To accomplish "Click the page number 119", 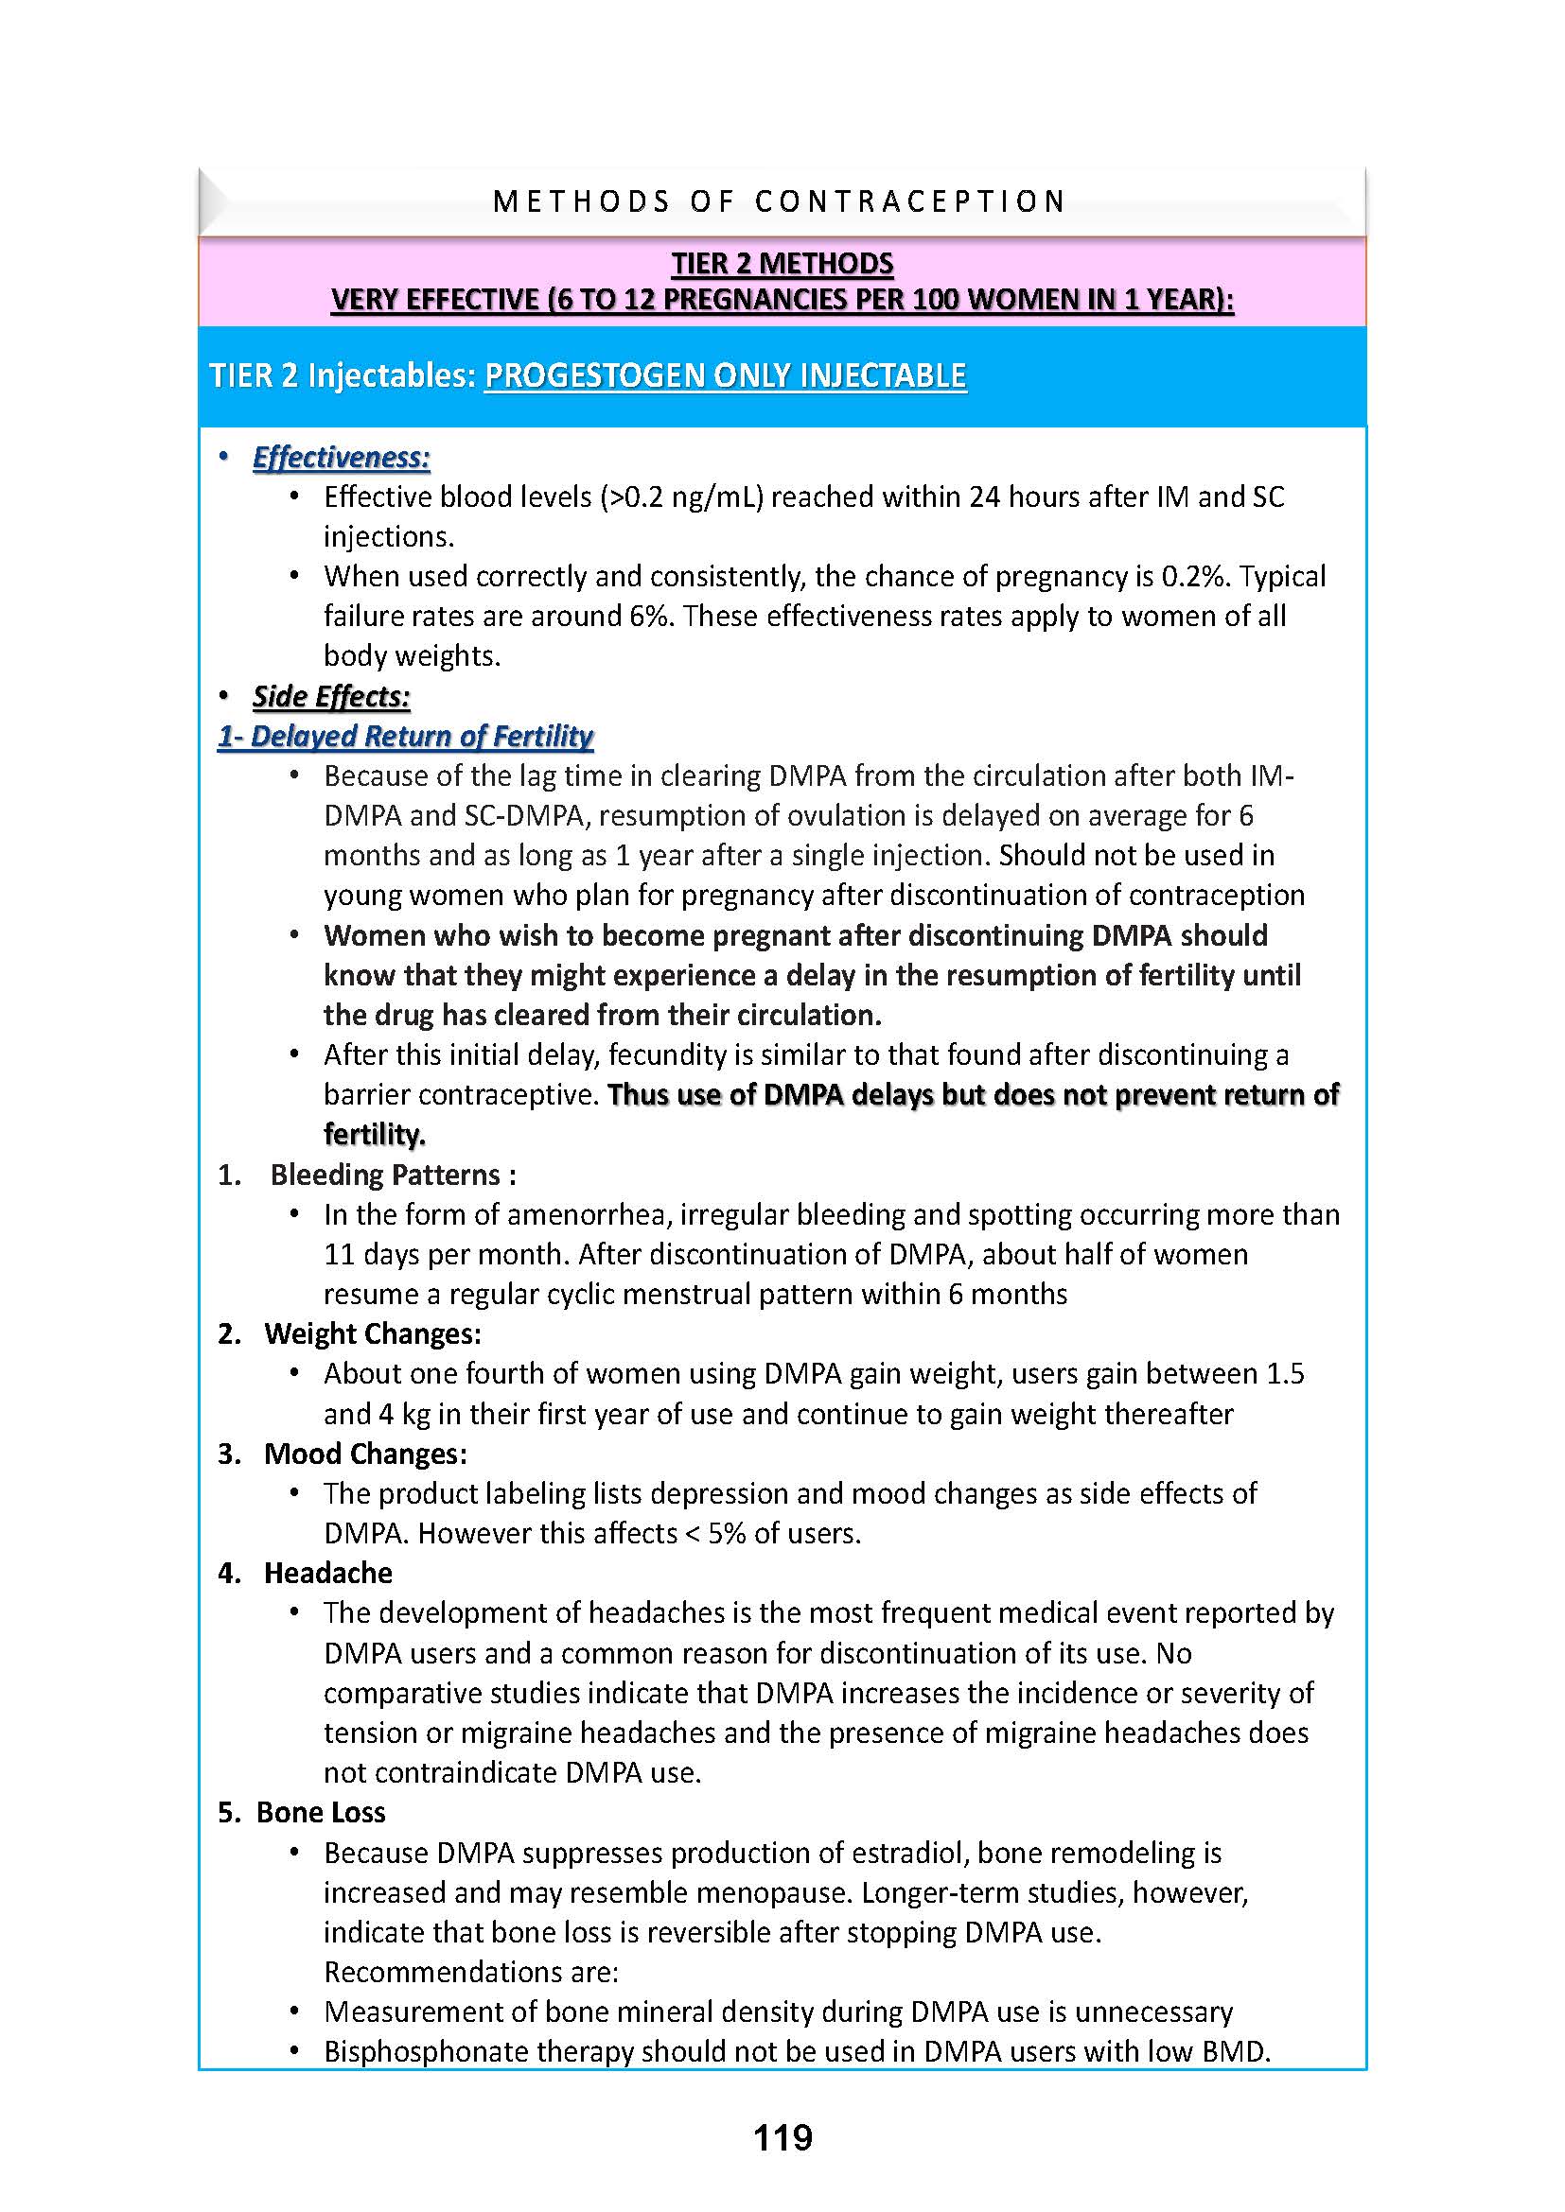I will click(782, 2137).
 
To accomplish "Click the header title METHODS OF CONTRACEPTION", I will click(780, 201).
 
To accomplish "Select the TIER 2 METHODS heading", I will click(782, 264).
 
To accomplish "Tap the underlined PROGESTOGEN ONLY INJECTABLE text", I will click(725, 375).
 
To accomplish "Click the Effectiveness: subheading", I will click(342, 458).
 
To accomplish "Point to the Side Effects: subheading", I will click(331, 697).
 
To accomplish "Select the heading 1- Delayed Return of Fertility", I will click(405, 736).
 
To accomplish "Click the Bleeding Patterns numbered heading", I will click(392, 1175).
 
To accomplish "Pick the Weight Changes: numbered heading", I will click(372, 1333).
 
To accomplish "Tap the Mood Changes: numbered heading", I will click(365, 1453).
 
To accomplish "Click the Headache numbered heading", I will click(327, 1573).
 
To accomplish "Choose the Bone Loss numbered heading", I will click(320, 1812).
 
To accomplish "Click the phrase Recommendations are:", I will click(470, 1972).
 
